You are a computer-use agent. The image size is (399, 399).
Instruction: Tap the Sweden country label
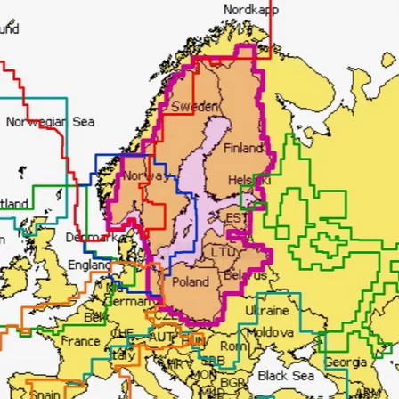pyautogui.click(x=188, y=105)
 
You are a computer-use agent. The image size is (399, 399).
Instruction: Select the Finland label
pyautogui.click(x=241, y=147)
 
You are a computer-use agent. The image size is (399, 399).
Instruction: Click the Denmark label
pyautogui.click(x=88, y=238)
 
